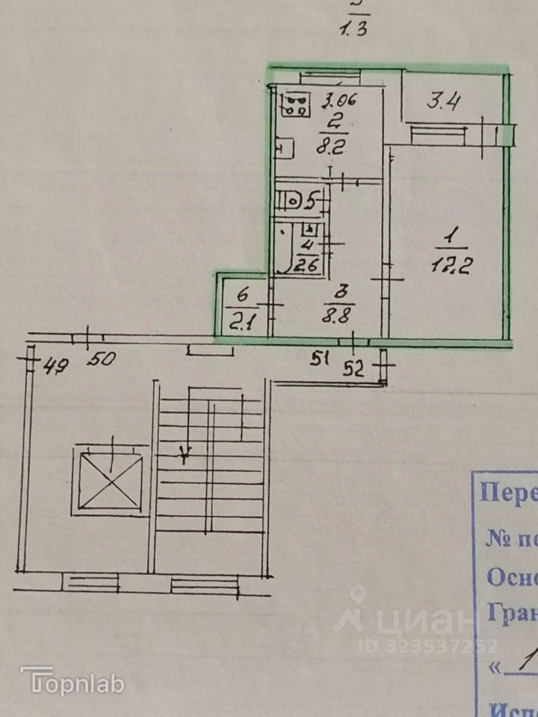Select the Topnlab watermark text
[72, 681]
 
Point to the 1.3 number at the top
[354, 31]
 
